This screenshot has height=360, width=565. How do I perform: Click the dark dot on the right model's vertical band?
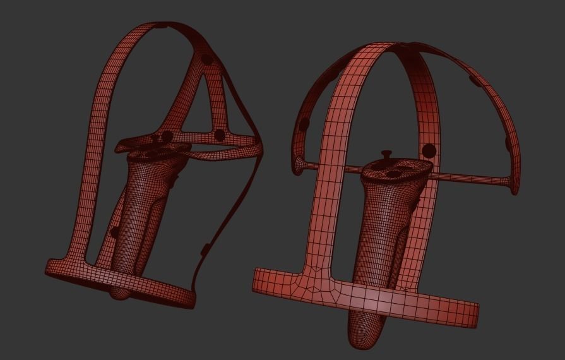click(x=429, y=150)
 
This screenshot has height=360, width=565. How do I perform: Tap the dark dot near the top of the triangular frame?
click(x=206, y=60)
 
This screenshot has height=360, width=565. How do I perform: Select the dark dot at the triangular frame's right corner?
click(x=220, y=135)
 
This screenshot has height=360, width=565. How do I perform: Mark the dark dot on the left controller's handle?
click(x=114, y=232)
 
